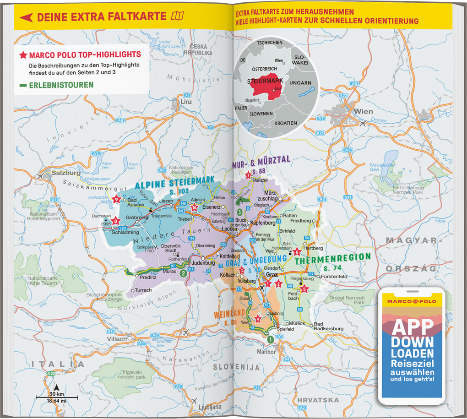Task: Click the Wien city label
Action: pyautogui.click(x=363, y=111)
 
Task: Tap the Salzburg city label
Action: pyautogui.click(x=66, y=173)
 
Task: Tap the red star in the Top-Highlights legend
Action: pyautogui.click(x=22, y=55)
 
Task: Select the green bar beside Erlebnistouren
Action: pyautogui.click(x=22, y=85)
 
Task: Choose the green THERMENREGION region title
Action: pyautogui.click(x=332, y=259)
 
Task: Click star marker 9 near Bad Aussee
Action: pyautogui.click(x=116, y=199)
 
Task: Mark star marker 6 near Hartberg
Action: pyautogui.click(x=296, y=251)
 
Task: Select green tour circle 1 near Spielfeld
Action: pyautogui.click(x=270, y=339)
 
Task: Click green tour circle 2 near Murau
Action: pyautogui.click(x=183, y=274)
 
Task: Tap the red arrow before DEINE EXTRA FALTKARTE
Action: pyautogui.click(x=26, y=17)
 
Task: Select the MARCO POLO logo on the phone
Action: pyautogui.click(x=413, y=302)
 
